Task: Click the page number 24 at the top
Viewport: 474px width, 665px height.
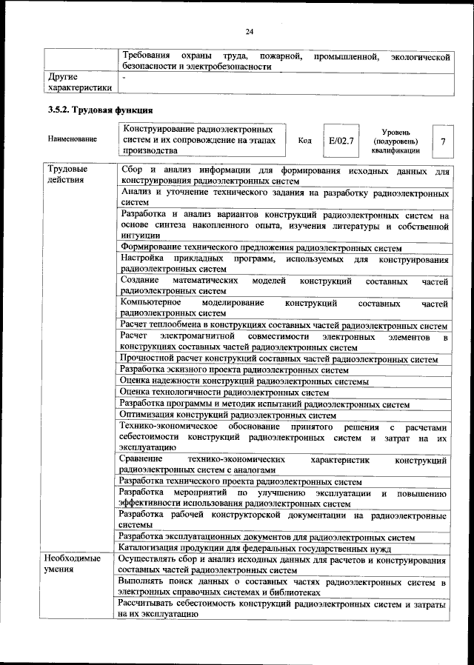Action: coord(250,30)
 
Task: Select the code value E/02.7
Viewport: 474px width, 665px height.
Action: coord(341,139)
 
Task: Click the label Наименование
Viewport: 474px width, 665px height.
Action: coord(72,139)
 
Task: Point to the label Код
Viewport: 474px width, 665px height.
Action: coord(304,140)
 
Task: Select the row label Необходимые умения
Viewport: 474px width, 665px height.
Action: coord(73,564)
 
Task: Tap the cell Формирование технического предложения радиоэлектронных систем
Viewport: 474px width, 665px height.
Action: coord(260,248)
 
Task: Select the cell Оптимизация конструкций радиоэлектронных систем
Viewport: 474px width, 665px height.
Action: coord(227,416)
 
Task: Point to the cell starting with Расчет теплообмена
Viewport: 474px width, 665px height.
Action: coord(283,326)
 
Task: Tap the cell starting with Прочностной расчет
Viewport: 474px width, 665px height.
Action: coord(278,358)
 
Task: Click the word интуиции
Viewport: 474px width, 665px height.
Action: coord(141,237)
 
